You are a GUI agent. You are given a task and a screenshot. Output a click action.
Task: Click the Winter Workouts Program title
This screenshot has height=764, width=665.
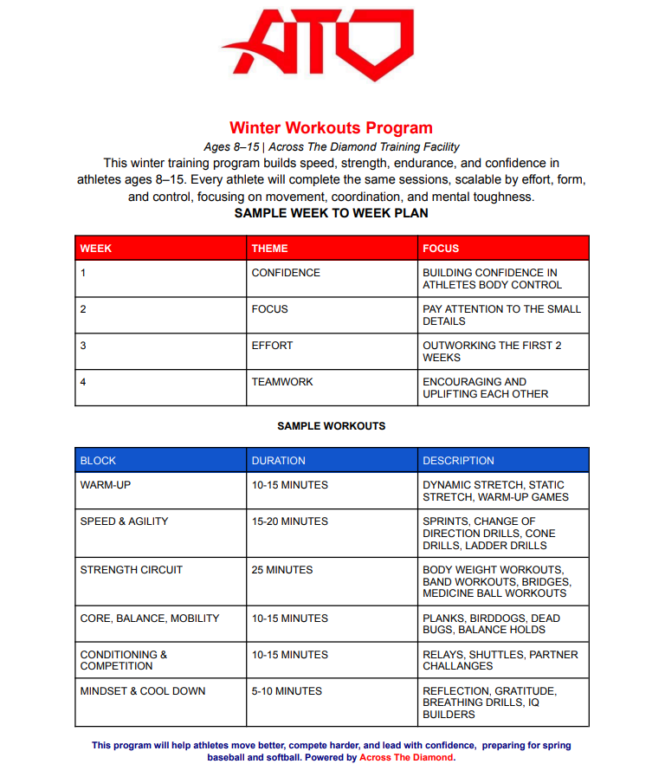(x=331, y=128)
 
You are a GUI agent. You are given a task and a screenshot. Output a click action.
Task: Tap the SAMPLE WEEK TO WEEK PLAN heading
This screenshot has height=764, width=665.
(x=331, y=213)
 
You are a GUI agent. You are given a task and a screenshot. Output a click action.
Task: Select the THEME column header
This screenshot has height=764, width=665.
(x=270, y=249)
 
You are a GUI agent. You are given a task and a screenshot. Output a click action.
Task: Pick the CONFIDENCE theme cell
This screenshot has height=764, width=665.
(x=286, y=273)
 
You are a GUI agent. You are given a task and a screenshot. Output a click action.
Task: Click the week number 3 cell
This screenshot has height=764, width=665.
(x=83, y=346)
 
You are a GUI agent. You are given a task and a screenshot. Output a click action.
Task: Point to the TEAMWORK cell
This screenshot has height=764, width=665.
(x=282, y=382)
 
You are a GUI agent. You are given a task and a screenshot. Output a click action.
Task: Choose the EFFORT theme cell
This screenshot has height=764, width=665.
(x=272, y=346)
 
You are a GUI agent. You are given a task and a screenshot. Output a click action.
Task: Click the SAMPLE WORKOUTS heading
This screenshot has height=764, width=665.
(x=331, y=426)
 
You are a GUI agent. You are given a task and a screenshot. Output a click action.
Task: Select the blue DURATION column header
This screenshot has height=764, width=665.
(x=278, y=461)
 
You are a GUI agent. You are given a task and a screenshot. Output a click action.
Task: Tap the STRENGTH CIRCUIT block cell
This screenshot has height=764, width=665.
(x=132, y=570)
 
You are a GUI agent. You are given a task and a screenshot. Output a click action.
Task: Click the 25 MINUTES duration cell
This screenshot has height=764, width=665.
(x=282, y=570)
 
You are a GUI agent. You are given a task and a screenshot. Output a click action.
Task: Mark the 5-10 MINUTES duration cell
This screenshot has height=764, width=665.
(x=287, y=691)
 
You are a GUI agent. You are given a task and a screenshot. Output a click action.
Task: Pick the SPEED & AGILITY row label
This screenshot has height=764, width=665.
(x=124, y=521)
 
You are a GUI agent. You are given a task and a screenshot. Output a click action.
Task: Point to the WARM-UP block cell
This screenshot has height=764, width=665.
(x=106, y=485)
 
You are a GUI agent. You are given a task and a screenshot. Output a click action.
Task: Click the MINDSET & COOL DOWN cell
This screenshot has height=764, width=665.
(x=143, y=691)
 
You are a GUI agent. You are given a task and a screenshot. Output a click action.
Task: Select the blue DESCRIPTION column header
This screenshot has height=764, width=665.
(x=458, y=461)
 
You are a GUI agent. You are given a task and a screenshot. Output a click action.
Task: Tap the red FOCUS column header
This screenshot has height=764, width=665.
(x=441, y=249)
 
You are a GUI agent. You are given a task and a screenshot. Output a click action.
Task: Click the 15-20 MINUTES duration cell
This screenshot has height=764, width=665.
(x=289, y=521)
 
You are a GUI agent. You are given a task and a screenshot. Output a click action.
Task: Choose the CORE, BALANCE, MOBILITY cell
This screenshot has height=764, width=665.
(x=150, y=618)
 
